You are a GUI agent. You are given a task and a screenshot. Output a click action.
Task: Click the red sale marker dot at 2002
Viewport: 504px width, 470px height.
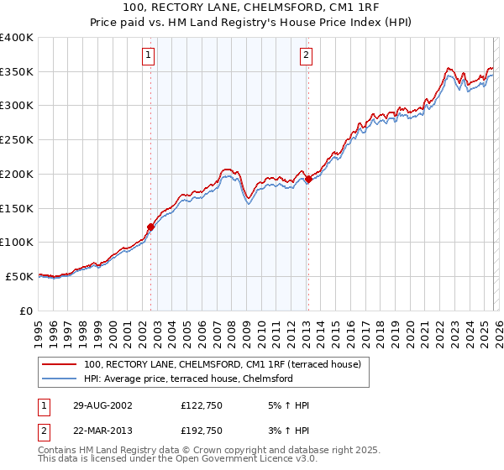pos(151,226)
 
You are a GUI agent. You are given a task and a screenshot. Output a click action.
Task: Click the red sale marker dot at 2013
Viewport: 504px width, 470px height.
pos(307,178)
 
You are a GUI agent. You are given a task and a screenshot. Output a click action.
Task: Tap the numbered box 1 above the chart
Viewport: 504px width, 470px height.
pos(148,56)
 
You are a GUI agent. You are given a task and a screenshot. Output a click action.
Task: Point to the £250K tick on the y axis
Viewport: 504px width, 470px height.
pos(17,140)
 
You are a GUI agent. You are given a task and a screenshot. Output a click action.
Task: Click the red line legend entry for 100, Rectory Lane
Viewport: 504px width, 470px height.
pos(222,364)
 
